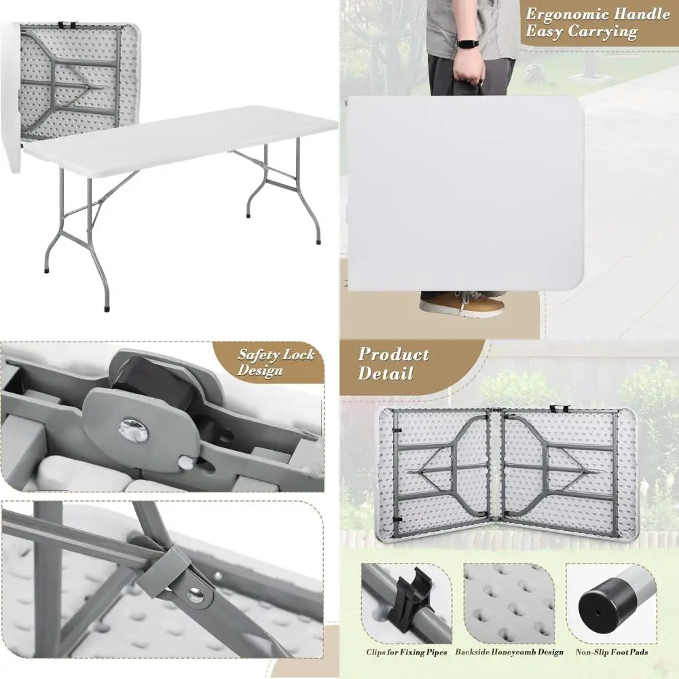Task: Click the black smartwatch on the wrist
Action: click(468, 43)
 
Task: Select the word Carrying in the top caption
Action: click(604, 32)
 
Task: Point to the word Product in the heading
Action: click(394, 354)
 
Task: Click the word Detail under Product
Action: click(385, 373)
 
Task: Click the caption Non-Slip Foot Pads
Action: click(612, 653)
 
